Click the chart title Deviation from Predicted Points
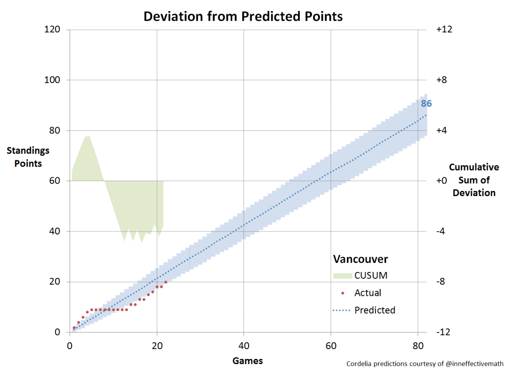[243, 16]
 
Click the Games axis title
[247, 361]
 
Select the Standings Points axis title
[28, 157]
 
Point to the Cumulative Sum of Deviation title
[474, 180]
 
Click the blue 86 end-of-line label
[426, 104]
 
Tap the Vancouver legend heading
[361, 259]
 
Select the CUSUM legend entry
[371, 275]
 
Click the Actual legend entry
[367, 293]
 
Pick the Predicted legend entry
[375, 310]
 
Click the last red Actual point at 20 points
[166, 282]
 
